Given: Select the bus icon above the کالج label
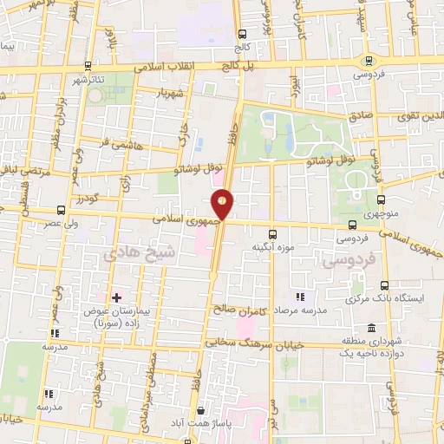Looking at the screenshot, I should click(x=241, y=35).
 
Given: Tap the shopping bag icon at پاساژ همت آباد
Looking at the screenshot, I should click(x=200, y=411).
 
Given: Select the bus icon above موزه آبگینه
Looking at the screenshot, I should click(x=272, y=233).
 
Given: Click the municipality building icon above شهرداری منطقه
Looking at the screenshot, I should click(x=371, y=328).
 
